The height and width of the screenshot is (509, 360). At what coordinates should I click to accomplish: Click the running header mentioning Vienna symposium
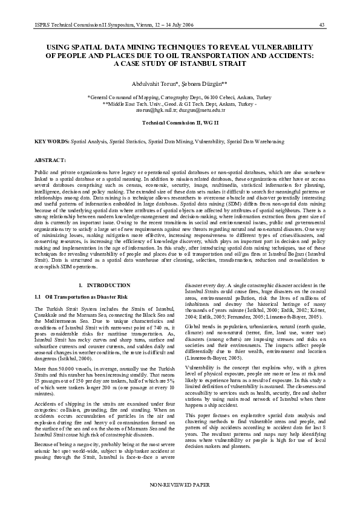pos(105,24)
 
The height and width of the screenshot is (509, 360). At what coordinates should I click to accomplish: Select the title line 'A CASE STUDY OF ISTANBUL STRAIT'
pos(180,63)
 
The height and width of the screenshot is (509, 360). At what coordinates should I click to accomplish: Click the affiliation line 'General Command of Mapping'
pos(180,97)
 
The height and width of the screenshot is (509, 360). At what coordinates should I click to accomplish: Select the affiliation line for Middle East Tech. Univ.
pos(180,103)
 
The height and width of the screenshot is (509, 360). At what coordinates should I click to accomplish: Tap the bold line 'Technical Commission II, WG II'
pos(180,123)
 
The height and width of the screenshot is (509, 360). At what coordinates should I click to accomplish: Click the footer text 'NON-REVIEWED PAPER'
pos(180,485)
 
